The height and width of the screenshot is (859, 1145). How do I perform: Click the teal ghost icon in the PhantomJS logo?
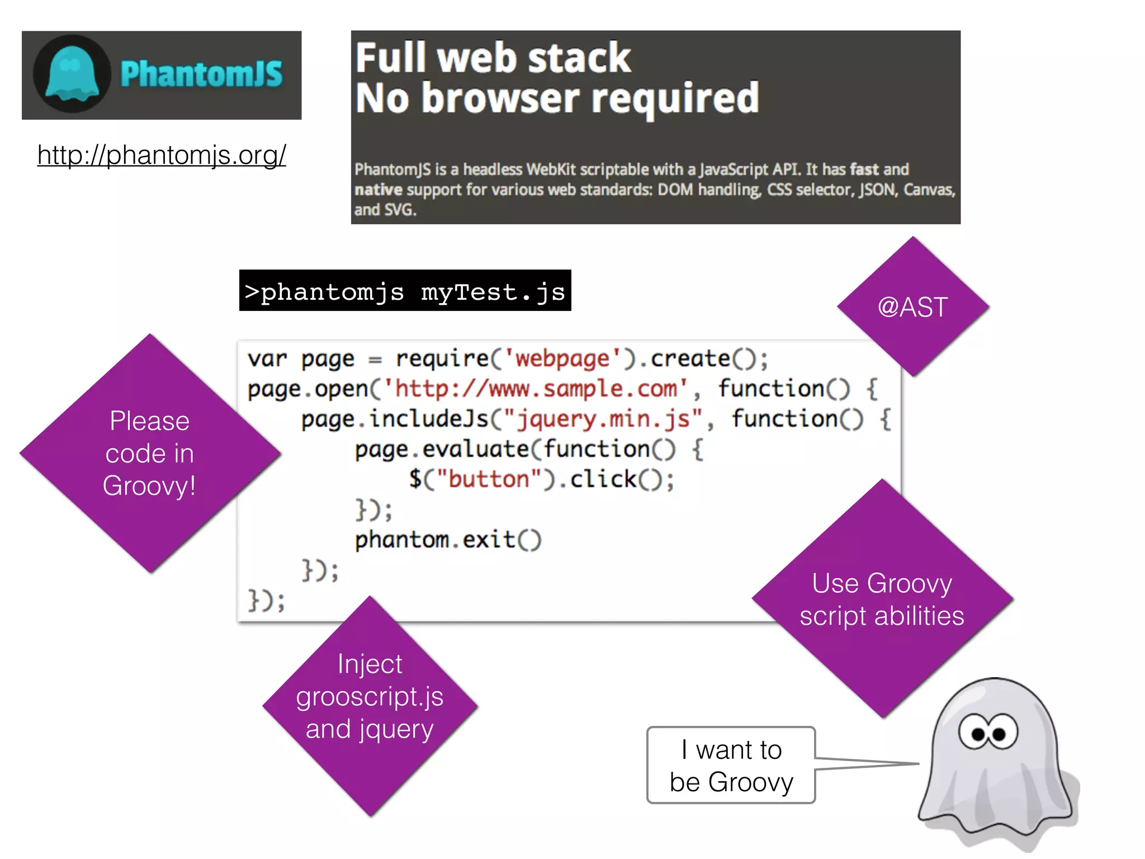[x=72, y=75]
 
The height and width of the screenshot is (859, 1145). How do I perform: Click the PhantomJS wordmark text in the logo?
[x=201, y=75]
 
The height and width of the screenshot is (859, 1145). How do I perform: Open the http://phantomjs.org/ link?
[x=162, y=155]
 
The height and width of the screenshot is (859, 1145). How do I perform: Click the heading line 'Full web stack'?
[x=493, y=58]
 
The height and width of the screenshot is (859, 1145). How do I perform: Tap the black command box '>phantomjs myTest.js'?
[x=405, y=291]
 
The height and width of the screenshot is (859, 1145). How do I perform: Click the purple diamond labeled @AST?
[x=912, y=306]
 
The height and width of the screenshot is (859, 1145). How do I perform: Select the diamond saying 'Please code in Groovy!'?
[x=149, y=453]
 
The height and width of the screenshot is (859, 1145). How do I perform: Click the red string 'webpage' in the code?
[x=562, y=358]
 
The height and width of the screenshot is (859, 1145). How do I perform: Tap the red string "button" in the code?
[x=489, y=480]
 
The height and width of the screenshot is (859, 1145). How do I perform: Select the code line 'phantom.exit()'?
[x=448, y=540]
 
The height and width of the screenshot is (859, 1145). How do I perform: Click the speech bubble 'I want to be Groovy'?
[x=731, y=765]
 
